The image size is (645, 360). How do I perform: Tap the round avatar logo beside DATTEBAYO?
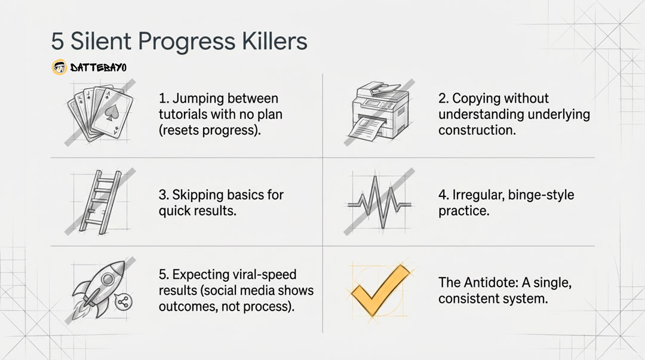coord(59,67)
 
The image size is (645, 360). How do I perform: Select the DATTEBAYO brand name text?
coord(99,67)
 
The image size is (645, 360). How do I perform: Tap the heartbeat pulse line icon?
coord(379,202)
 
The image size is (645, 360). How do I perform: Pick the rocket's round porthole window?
coord(107,280)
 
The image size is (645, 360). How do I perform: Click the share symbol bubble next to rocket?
coord(123,303)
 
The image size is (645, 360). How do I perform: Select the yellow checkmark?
coord(379,290)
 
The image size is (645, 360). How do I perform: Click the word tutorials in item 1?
coord(183,114)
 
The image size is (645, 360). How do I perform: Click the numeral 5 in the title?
coord(57,41)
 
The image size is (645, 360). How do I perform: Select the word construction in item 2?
coord(477,130)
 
